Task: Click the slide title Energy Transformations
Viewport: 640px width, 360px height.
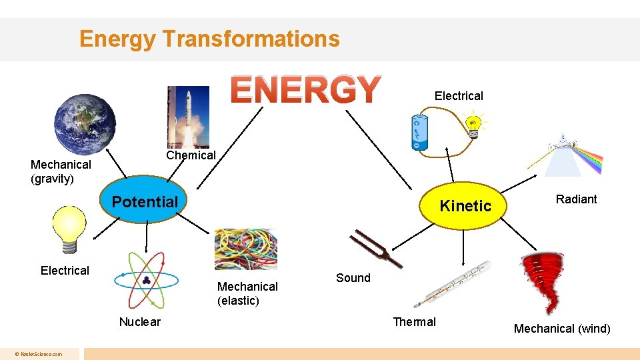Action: coord(209,39)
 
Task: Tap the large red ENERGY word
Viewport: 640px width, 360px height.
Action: coord(305,90)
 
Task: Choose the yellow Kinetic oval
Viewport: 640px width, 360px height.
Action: coord(465,205)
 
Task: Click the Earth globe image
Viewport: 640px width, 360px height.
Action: coord(85,123)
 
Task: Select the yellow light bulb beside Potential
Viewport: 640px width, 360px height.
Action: coord(69,229)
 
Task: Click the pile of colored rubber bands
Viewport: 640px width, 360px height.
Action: coord(245,249)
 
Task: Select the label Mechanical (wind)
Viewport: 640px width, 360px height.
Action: coord(561,328)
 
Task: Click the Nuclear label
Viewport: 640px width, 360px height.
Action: coord(139,322)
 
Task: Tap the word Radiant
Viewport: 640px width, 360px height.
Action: coord(576,199)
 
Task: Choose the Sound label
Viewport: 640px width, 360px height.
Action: coord(353,278)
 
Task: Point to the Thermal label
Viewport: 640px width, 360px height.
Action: coord(414,322)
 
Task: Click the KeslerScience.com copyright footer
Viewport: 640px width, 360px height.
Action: coord(41,354)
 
